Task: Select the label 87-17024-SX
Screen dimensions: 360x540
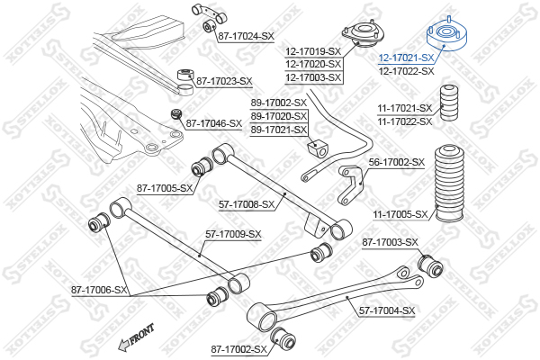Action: click(x=245, y=35)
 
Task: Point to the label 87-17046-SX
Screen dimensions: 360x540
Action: click(x=215, y=123)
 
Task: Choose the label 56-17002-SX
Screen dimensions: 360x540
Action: click(x=396, y=162)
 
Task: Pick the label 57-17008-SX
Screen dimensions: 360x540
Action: click(x=246, y=204)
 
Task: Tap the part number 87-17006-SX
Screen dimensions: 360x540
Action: click(x=100, y=291)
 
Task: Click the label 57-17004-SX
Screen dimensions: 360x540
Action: click(x=386, y=310)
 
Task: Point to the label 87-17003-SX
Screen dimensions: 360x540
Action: click(x=390, y=242)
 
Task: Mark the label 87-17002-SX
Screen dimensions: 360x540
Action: click(x=239, y=348)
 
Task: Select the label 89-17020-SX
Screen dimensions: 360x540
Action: click(x=278, y=116)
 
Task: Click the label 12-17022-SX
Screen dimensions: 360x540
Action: click(x=406, y=70)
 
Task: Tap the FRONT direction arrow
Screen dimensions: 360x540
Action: click(x=134, y=340)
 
